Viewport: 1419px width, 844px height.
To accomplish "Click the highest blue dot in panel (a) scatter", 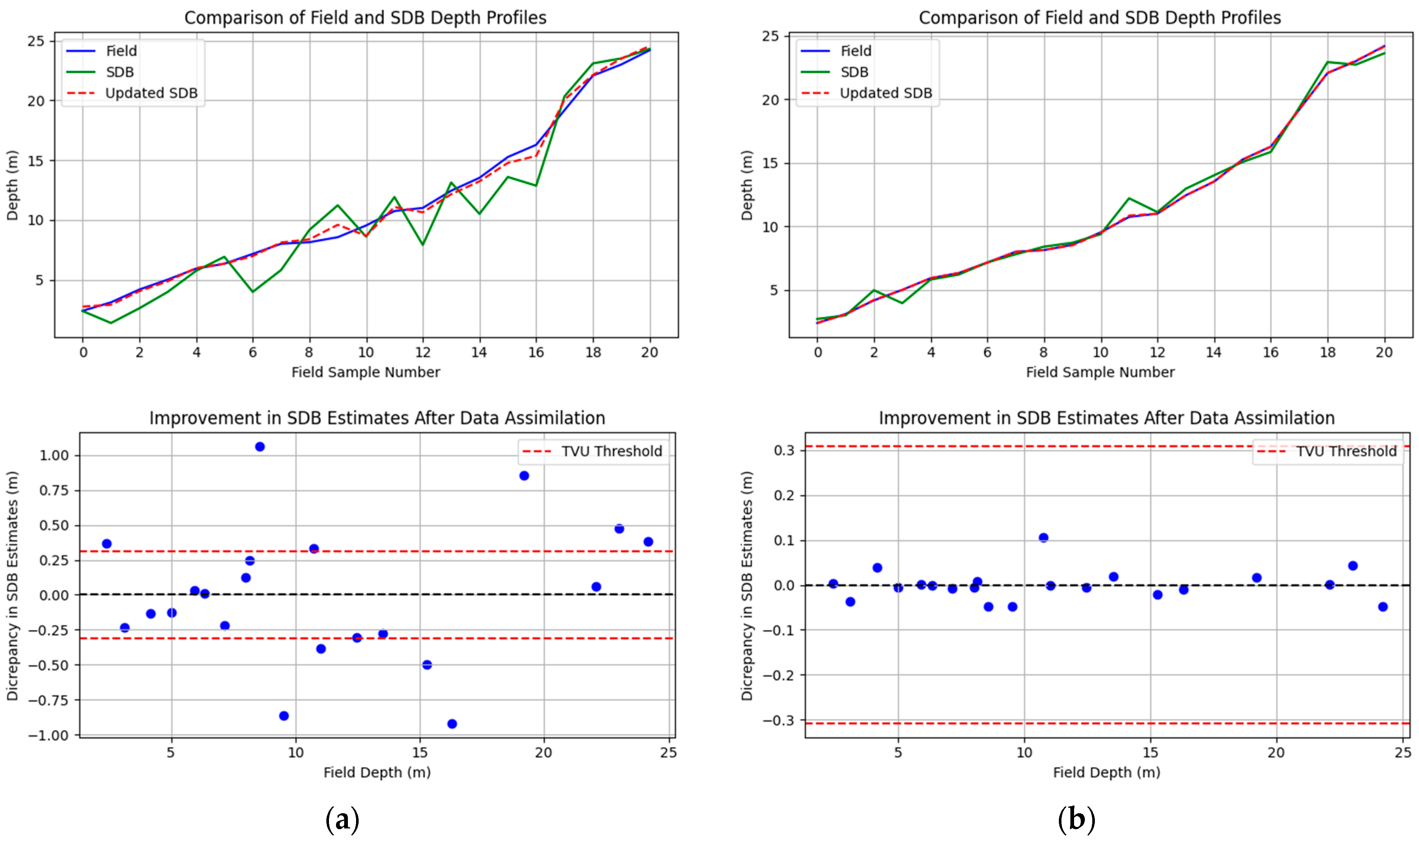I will (x=260, y=446).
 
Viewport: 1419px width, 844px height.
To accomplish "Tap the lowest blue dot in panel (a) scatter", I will (x=452, y=724).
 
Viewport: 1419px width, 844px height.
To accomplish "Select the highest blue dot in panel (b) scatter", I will (x=1043, y=537).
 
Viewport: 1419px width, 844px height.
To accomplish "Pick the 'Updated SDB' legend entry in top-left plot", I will (x=151, y=93).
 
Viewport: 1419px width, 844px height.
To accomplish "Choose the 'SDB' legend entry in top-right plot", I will (x=854, y=72).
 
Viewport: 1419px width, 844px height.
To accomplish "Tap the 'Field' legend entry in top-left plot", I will (x=121, y=51).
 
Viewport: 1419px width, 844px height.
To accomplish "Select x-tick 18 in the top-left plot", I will (x=593, y=353).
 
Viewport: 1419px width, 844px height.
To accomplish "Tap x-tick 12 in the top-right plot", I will (x=1157, y=353).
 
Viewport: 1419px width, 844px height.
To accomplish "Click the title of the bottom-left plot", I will (x=377, y=418).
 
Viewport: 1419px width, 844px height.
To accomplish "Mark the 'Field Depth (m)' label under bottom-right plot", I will (x=1106, y=772).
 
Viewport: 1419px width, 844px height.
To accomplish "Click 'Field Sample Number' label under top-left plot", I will (x=365, y=373).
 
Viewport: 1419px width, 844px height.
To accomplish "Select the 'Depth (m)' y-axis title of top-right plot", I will (x=747, y=185).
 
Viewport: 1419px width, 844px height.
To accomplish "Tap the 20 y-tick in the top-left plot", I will (x=36, y=101).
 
